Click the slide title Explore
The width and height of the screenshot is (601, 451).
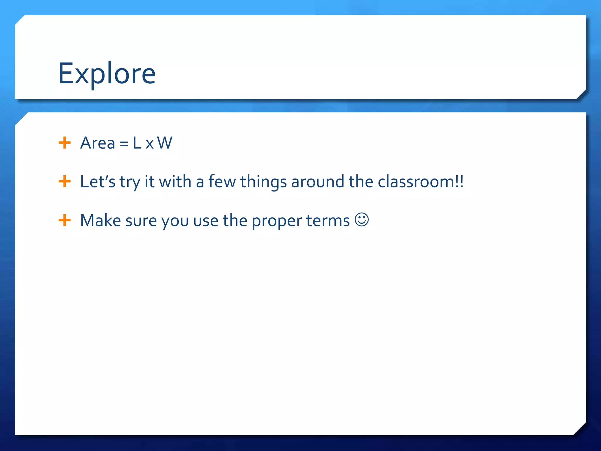(107, 73)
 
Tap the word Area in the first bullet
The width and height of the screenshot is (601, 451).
(97, 143)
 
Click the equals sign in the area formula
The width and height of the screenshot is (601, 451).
(124, 144)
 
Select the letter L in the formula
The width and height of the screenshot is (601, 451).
(137, 143)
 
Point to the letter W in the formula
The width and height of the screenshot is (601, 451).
(165, 143)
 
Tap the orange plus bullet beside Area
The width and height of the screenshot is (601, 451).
(65, 143)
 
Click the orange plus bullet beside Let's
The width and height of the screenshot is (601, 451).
(65, 181)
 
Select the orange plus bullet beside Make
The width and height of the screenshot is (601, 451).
(65, 220)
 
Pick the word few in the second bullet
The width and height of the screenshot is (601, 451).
(222, 181)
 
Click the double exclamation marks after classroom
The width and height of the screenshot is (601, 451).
(460, 182)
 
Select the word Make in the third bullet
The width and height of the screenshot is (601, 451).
(100, 221)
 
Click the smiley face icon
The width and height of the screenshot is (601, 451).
(362, 220)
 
